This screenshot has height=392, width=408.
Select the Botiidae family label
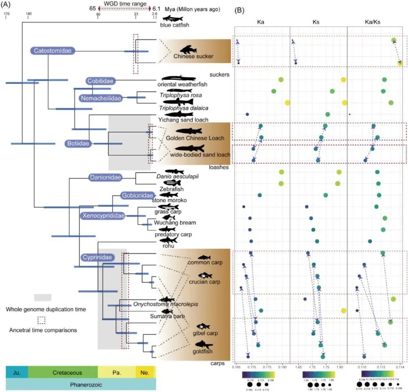pyautogui.click(x=78, y=143)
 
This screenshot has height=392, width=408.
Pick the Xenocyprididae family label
pyautogui.click(x=102, y=216)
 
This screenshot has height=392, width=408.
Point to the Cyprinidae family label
pyautogui.click(x=96, y=257)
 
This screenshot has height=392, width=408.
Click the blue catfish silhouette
pyautogui.click(x=175, y=19)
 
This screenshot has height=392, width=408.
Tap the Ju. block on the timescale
pyautogui.click(x=17, y=372)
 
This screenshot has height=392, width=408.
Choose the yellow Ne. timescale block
pyautogui.click(x=146, y=372)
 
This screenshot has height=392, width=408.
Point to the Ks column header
pyautogui.click(x=318, y=22)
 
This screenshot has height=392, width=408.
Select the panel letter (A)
pyautogui.click(x=8, y=5)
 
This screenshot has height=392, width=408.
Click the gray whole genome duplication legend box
pyautogui.click(x=42, y=297)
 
